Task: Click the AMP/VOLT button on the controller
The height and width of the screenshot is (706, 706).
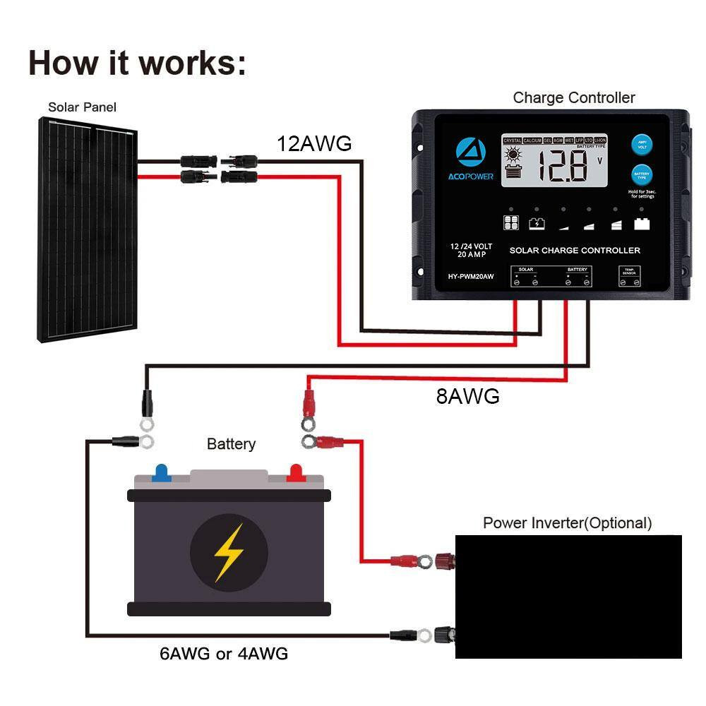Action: tap(642, 145)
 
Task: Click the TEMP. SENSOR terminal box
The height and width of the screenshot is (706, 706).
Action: tap(630, 276)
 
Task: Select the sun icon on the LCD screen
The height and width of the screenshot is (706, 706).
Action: tap(513, 154)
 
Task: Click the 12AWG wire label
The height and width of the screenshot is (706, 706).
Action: tap(313, 144)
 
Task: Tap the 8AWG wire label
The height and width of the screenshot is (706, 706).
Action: tap(467, 397)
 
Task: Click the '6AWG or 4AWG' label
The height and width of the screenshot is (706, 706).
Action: tap(224, 654)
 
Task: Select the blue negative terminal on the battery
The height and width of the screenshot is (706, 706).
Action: tap(161, 472)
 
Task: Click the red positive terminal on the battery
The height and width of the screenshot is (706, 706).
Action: tap(295, 472)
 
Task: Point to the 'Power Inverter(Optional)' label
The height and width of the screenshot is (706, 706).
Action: tap(567, 523)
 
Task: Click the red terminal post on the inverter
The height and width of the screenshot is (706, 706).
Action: tap(445, 561)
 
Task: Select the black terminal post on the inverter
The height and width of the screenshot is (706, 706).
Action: tap(445, 633)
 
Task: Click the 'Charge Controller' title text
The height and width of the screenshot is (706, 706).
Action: tap(573, 98)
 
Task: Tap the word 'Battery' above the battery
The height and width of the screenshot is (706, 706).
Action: tap(231, 444)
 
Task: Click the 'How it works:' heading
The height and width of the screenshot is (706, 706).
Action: tap(138, 62)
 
